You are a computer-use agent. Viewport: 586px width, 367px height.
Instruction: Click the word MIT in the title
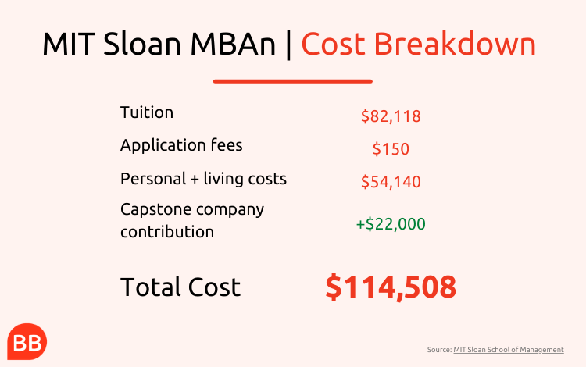(x=69, y=44)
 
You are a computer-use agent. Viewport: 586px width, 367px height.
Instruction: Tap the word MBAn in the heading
(x=233, y=44)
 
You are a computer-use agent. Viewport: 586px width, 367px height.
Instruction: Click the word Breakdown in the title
(x=455, y=43)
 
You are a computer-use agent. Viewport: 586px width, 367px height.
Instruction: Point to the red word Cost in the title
(x=333, y=44)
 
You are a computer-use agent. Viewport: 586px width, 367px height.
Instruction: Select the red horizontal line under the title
(x=293, y=81)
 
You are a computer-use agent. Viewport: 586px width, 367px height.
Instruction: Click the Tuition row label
(x=147, y=112)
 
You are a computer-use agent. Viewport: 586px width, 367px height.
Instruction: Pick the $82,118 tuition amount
(x=391, y=116)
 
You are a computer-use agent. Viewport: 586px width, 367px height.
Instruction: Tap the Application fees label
(x=181, y=145)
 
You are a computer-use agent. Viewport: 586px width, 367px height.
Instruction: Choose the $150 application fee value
(x=391, y=149)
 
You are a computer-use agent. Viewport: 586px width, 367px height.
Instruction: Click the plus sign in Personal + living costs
(x=195, y=180)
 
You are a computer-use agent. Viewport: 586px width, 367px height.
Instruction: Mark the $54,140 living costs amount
(x=391, y=182)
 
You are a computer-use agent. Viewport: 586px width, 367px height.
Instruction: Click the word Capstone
(x=155, y=210)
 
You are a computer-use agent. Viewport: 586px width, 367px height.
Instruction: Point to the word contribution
(x=167, y=232)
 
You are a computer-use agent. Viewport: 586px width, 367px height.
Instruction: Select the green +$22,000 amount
(x=391, y=224)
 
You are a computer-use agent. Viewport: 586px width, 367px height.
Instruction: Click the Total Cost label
(x=180, y=287)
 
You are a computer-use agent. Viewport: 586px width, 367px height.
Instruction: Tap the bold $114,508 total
(x=391, y=287)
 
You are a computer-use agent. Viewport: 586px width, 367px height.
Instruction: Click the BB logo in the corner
(x=27, y=341)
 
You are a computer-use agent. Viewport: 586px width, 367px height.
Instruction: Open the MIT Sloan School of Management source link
(x=509, y=350)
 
